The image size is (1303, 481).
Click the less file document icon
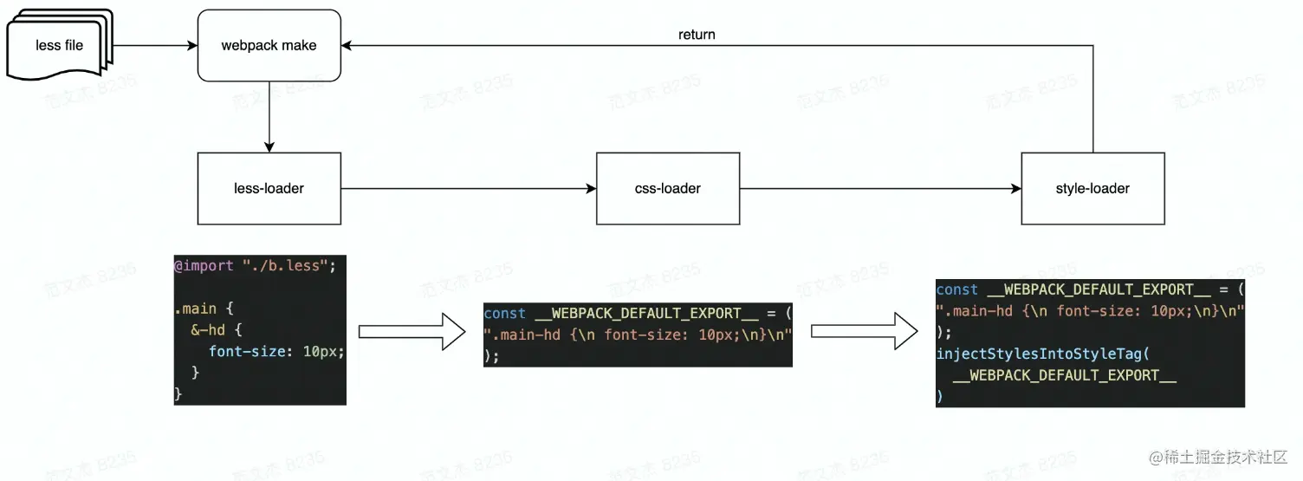click(x=59, y=45)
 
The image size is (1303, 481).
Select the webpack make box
click(x=269, y=45)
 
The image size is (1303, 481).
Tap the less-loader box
click(x=269, y=188)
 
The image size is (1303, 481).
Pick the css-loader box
click(x=667, y=188)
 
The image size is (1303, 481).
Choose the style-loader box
click(x=1092, y=188)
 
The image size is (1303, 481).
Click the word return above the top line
click(x=697, y=35)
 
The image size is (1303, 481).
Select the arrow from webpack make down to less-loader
click(x=269, y=116)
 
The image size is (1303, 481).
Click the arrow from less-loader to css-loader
click(x=468, y=188)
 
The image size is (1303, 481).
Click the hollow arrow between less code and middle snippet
click(x=412, y=332)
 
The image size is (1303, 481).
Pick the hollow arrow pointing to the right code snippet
click(x=864, y=332)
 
